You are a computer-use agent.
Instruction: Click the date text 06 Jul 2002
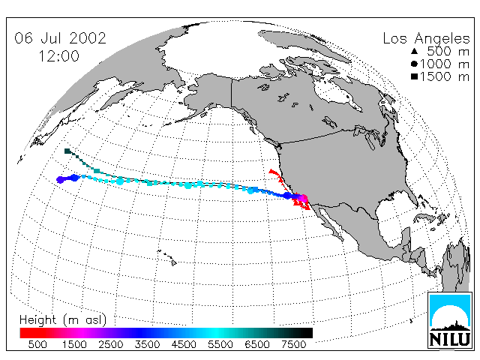(60, 38)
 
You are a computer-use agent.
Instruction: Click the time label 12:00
(58, 56)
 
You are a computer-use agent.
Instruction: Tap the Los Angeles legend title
(426, 39)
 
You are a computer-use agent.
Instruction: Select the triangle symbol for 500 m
(414, 51)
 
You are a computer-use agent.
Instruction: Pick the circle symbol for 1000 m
(414, 64)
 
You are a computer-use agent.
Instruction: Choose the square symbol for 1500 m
(414, 76)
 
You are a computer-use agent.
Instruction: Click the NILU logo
(450, 320)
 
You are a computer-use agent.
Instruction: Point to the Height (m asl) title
(63, 320)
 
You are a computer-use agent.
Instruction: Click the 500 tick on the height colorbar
(37, 345)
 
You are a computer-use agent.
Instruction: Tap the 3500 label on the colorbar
(147, 345)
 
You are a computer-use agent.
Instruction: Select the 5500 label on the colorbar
(220, 345)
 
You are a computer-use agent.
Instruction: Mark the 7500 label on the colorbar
(293, 345)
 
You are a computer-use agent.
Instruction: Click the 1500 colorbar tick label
(74, 345)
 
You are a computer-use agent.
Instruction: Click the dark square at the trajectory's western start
(67, 151)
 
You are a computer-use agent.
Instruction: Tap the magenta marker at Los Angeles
(303, 198)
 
